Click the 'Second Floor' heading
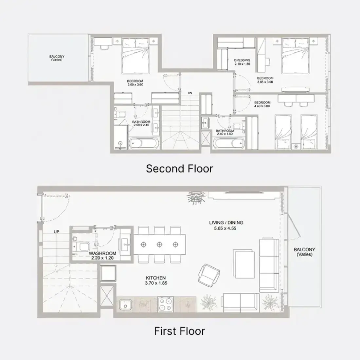tap(180, 169)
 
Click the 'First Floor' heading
tap(180, 331)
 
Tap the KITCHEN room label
tap(156, 278)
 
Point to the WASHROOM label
tap(102, 253)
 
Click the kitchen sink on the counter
tap(125, 304)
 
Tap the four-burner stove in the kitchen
tap(165, 304)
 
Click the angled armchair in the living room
tap(209, 275)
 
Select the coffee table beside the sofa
tap(244, 264)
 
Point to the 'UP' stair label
tap(57, 232)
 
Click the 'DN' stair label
tap(190, 93)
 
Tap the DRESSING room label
tap(242, 60)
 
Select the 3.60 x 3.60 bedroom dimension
tap(135, 84)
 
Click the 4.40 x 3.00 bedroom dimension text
tap(262, 106)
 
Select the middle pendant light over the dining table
tap(159, 245)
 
